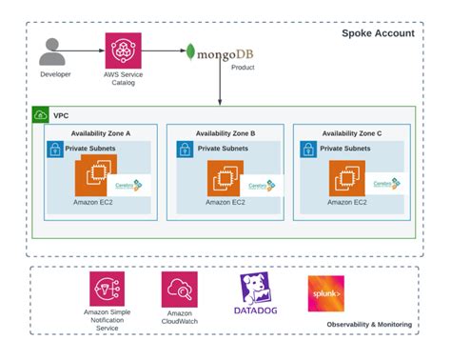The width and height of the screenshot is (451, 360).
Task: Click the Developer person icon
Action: [x=55, y=50]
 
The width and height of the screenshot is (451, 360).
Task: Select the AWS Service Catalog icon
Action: [x=124, y=50]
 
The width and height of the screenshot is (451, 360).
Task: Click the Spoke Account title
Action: [x=378, y=34]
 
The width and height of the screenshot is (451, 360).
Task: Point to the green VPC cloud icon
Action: [x=41, y=115]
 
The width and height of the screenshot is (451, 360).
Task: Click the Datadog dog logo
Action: [x=254, y=287]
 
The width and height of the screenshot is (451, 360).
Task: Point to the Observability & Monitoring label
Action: [x=369, y=325]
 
